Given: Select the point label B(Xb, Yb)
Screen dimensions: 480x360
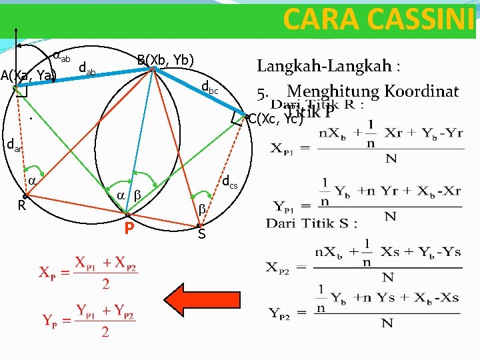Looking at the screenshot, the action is coord(165,60).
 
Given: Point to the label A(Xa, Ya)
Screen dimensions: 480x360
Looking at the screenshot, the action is coord(29,75).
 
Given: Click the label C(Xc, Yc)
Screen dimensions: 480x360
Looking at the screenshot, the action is coord(275,119).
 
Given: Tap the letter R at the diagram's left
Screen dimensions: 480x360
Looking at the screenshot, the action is coord(21,205).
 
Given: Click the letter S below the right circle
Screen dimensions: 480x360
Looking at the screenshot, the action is coord(201,234).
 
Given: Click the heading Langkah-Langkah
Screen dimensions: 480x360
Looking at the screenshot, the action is coord(329,66).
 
